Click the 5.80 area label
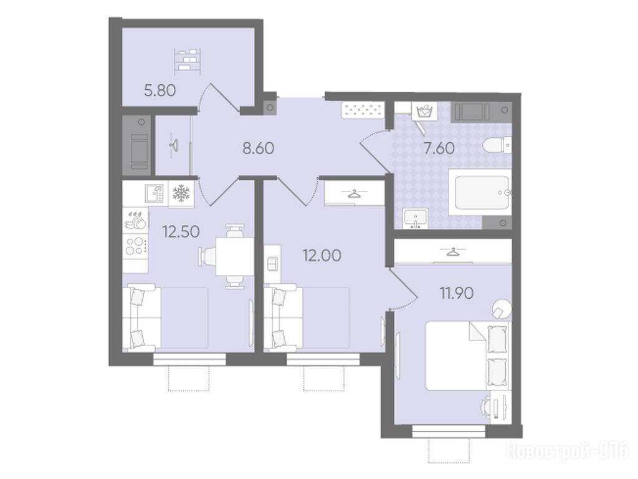[x=160, y=90]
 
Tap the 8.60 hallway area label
[x=259, y=148]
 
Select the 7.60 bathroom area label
[x=439, y=148]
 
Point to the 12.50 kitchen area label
[x=181, y=232]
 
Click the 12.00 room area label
[x=322, y=255]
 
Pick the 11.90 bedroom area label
[x=457, y=293]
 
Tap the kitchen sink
[x=155, y=193]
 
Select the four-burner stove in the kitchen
[x=136, y=246]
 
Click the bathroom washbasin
[x=415, y=218]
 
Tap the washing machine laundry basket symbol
[x=424, y=111]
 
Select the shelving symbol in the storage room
[x=188, y=61]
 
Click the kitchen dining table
[x=235, y=256]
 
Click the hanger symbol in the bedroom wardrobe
[x=452, y=252]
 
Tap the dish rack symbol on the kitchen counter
[x=136, y=220]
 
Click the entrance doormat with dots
[x=363, y=110]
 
